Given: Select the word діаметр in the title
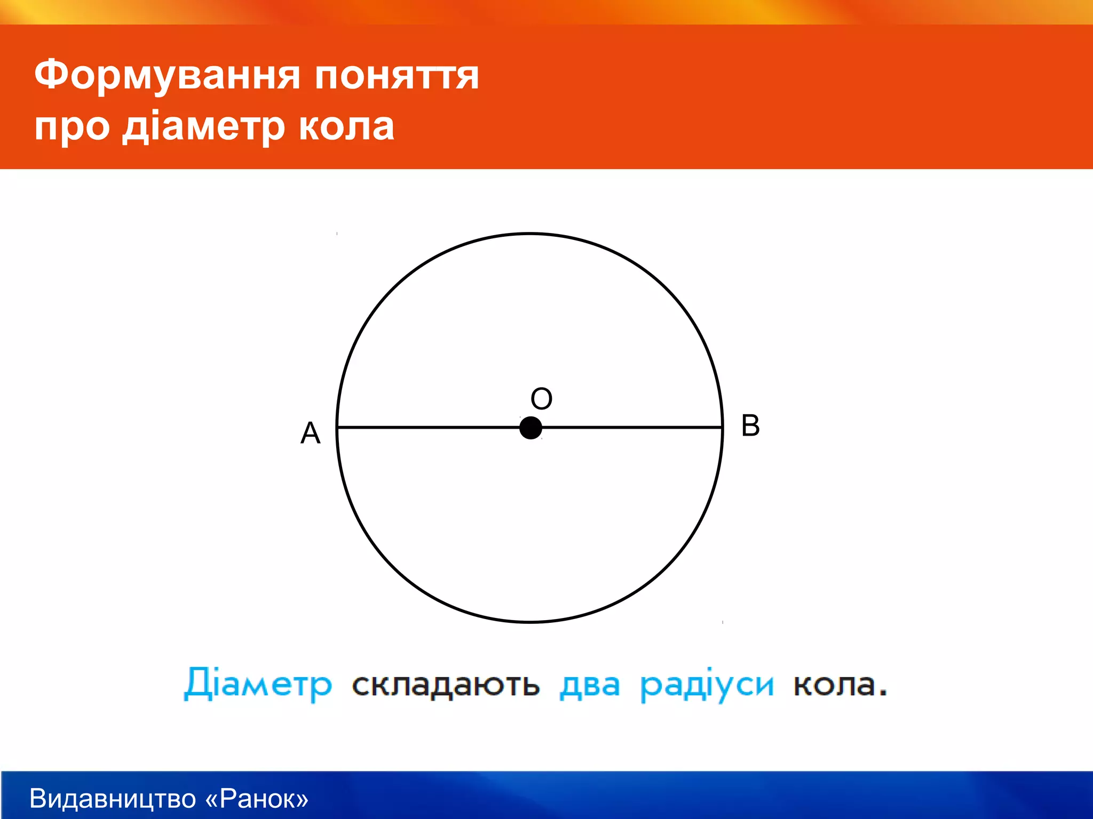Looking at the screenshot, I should [203, 127].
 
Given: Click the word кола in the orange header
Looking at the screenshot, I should [346, 127].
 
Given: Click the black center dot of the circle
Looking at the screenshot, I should [530, 428].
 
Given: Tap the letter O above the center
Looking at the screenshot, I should [541, 399].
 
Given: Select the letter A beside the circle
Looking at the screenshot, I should [310, 432].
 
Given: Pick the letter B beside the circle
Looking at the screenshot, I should [750, 425].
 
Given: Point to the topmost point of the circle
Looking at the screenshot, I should [530, 234].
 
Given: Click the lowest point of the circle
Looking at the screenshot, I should [530, 622].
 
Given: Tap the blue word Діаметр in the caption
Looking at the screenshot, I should [258, 685].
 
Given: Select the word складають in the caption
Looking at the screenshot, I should [446, 685].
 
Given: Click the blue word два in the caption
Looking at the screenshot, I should [590, 685].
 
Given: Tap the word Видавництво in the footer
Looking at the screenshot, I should [113, 799].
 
